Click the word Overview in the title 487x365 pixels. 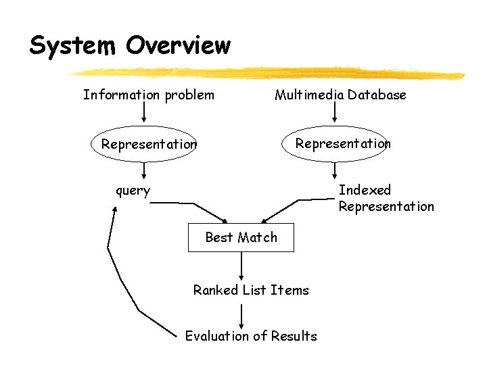tap(179, 46)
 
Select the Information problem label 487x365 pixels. tap(148, 95)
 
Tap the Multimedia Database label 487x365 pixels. tap(340, 95)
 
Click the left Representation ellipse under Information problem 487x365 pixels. tap(143, 144)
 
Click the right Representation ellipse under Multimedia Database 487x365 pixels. tap(335, 143)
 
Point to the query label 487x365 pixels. tap(133, 191)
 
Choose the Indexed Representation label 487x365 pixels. tap(386, 198)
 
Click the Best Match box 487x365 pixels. tap(241, 237)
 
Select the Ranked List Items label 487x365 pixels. tap(251, 290)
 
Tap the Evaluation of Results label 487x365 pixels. tap(251, 336)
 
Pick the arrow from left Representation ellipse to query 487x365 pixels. tap(143, 170)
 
